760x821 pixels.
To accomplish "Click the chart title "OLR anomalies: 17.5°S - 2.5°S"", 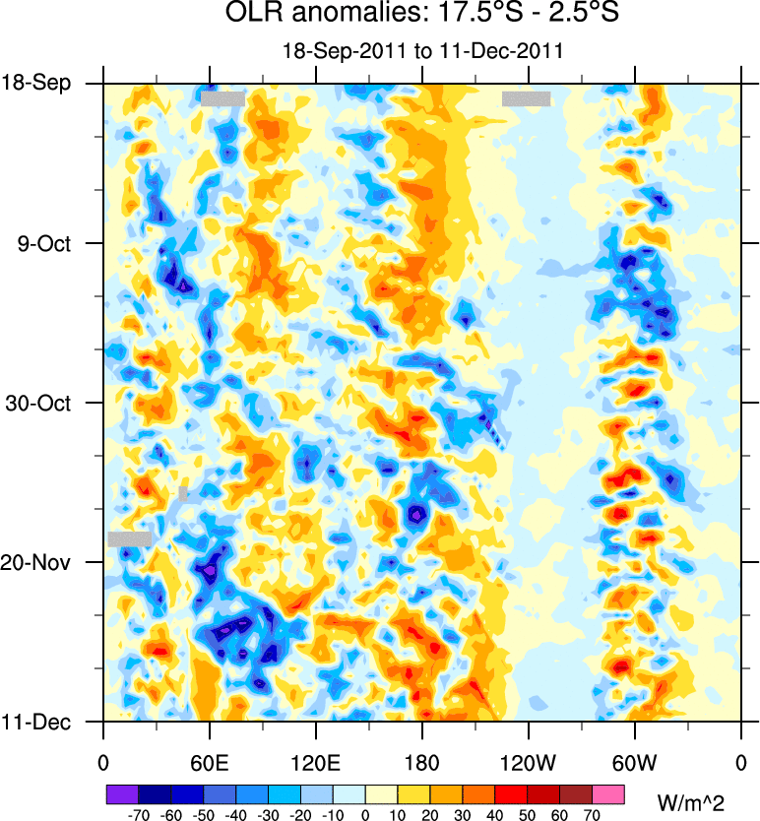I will [x=422, y=15].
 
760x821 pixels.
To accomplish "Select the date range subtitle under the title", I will [x=422, y=51].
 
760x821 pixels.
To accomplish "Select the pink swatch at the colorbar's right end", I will [x=609, y=792].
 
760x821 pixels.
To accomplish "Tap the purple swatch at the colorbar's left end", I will [x=122, y=792].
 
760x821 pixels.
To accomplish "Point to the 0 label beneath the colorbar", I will [x=365, y=815].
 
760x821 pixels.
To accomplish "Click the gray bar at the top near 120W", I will [x=526, y=98].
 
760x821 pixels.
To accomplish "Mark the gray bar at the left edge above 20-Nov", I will [x=130, y=538].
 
